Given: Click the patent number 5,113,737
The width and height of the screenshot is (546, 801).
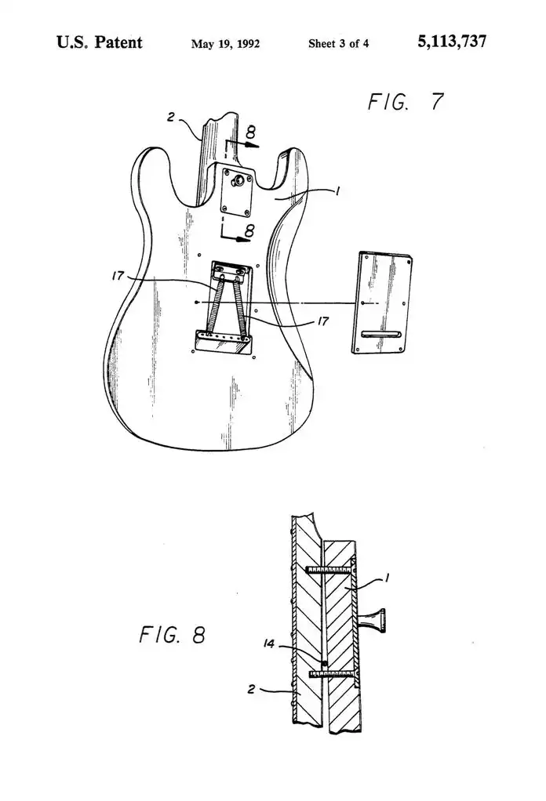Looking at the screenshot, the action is click(x=452, y=42).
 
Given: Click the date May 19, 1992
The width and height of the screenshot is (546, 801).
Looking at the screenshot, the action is click(x=225, y=44).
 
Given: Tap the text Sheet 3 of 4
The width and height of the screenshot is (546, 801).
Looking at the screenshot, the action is click(x=338, y=43).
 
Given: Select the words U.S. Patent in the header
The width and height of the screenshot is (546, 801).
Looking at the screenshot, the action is click(x=99, y=42).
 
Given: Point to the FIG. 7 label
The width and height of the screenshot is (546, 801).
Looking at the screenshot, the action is click(x=406, y=102).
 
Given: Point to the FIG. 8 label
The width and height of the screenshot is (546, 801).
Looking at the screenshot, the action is click(x=172, y=635).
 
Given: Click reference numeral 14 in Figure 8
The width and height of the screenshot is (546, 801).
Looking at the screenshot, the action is click(x=269, y=643).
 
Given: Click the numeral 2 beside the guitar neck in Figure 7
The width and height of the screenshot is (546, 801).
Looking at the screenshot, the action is click(x=171, y=117).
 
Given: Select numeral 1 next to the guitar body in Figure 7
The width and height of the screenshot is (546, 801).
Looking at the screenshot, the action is click(x=337, y=191).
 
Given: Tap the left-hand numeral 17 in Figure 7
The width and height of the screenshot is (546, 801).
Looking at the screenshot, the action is click(x=118, y=276).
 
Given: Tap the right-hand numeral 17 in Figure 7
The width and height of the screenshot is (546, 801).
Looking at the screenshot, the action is click(x=322, y=321).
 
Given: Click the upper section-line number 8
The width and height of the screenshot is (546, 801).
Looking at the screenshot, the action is click(x=250, y=132).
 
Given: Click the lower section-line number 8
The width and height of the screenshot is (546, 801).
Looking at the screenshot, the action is click(x=249, y=231).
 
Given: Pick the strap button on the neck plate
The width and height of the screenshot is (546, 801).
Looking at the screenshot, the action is click(x=238, y=180).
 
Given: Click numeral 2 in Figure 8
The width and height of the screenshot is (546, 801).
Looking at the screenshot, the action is click(x=251, y=689).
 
